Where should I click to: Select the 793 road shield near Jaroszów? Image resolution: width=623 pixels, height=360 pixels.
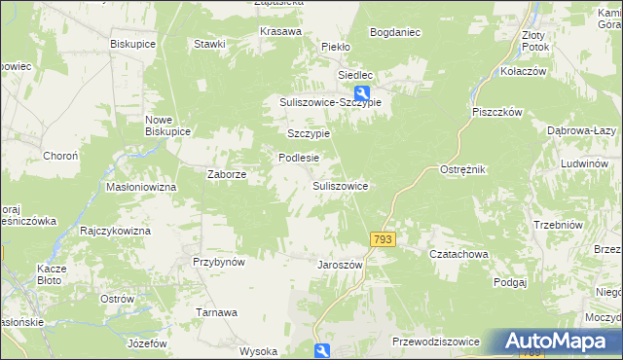point(383,239)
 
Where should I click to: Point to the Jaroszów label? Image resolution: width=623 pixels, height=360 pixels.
point(340,264)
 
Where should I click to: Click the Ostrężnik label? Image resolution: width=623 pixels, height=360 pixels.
point(462,169)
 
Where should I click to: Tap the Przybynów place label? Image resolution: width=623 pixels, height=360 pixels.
point(218,262)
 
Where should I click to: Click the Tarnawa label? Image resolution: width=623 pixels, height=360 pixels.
point(217,312)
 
